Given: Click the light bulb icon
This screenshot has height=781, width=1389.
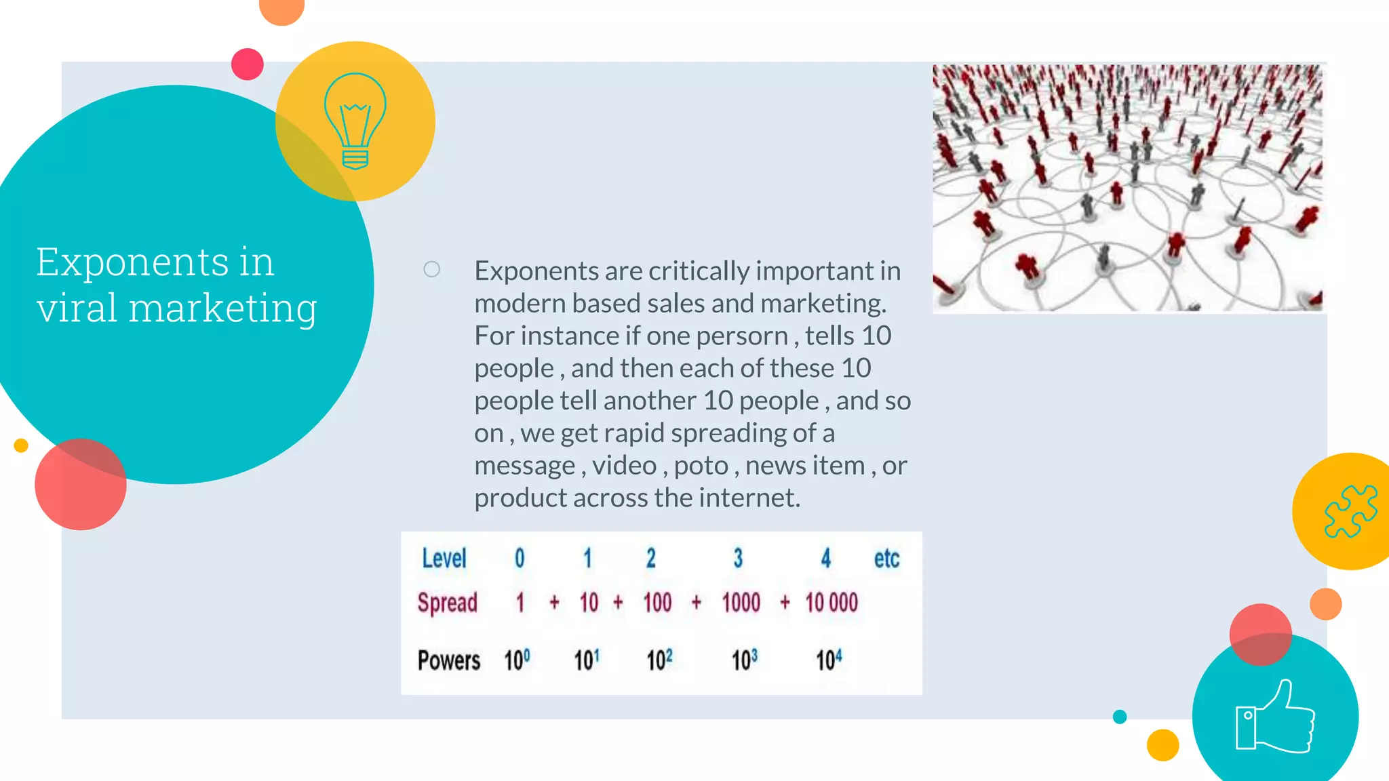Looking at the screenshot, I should pos(355,121).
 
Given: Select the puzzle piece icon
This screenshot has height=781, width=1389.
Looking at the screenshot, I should pos(1350,511).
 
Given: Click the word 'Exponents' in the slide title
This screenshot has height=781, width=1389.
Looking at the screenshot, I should pos(133,263).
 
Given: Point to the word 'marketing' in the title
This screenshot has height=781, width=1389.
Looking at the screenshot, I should pos(222,309).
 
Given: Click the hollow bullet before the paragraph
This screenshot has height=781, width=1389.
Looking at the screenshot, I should pos(431,270).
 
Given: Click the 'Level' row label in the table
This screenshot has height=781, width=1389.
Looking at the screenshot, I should pos(444,559).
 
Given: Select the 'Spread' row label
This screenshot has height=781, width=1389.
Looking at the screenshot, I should pos(448,603).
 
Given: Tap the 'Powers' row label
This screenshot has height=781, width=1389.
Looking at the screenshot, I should pos(448,660).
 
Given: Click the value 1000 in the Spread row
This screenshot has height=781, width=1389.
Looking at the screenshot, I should pos(741,602).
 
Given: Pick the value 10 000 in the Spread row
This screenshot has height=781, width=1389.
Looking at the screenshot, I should pos(832,602).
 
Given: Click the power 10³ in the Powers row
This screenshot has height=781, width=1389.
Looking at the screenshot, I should pos(744,660).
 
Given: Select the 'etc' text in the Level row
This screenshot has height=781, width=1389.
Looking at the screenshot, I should pos(886,559).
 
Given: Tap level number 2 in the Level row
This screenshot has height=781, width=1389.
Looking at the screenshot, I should pos(650,559).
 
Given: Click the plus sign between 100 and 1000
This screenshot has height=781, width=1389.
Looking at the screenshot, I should pos(697,602).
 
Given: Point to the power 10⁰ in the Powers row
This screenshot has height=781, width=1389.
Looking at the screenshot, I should pos(516,660).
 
